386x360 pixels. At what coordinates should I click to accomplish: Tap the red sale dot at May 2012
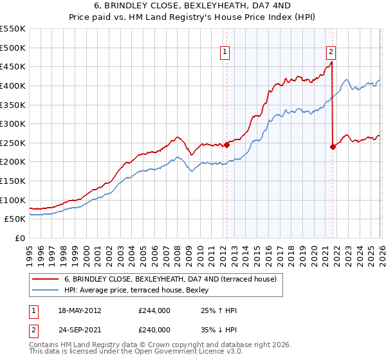pos(226,145)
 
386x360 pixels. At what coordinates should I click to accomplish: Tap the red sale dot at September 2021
pos(333,147)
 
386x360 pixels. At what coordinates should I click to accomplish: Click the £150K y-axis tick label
pos(13,181)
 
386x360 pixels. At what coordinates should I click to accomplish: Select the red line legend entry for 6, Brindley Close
pos(170,279)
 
